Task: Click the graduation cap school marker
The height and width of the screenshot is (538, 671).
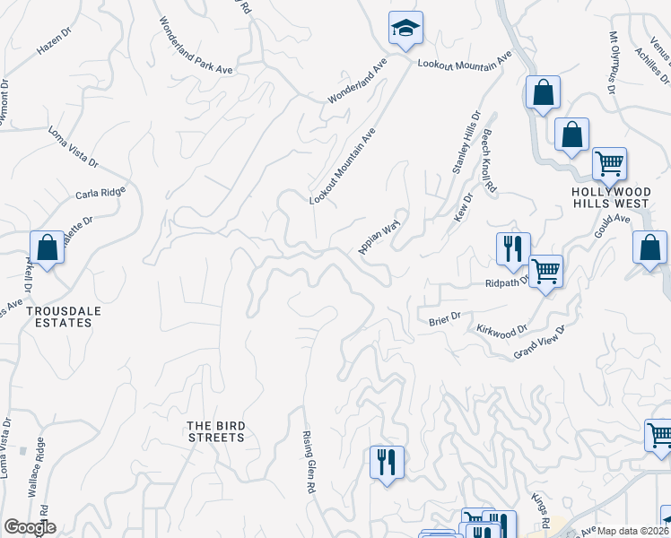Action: (x=405, y=28)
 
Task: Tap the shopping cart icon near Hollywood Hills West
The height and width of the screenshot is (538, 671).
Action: (x=609, y=164)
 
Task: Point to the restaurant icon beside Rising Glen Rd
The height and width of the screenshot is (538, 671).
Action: (x=387, y=463)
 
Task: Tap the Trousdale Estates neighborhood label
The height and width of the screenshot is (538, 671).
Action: (x=58, y=317)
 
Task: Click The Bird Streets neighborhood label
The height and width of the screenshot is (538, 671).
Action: (x=215, y=431)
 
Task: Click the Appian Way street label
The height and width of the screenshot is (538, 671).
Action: (x=379, y=234)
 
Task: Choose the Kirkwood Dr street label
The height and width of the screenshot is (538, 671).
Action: (x=496, y=332)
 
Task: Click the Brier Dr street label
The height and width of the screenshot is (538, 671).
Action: (x=444, y=317)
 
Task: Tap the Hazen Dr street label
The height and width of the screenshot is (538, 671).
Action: (x=53, y=42)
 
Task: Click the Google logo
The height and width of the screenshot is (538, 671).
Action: (x=30, y=527)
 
